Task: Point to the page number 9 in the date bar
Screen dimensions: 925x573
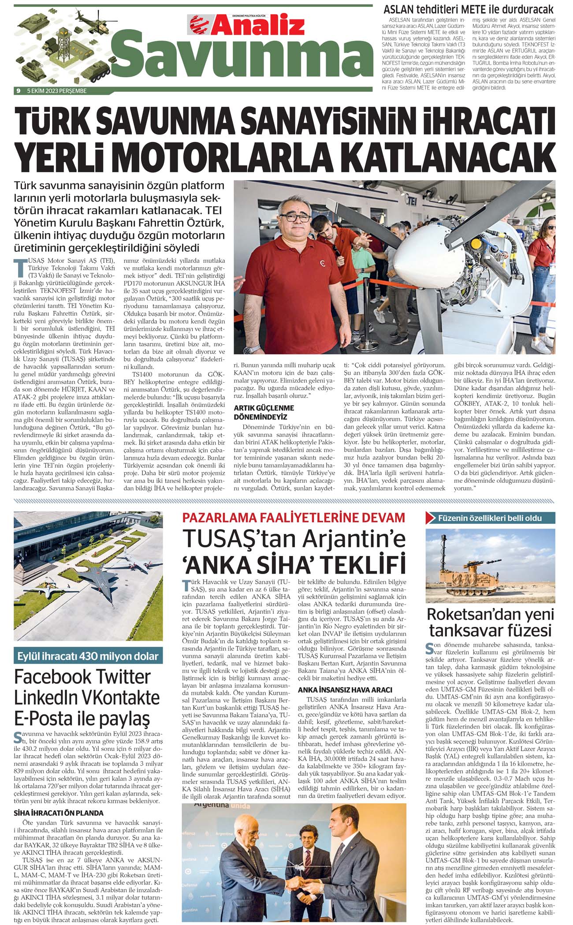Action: pos(19,91)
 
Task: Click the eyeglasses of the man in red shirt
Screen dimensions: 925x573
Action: pos(294,217)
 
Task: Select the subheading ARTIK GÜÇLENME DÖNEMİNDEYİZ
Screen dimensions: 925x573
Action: pos(264,412)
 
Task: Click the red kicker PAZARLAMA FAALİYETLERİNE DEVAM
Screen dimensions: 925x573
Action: pos(294,518)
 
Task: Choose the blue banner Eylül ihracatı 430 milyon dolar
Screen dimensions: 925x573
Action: pos(88,656)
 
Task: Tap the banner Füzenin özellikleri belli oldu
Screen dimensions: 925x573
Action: pos(489,518)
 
